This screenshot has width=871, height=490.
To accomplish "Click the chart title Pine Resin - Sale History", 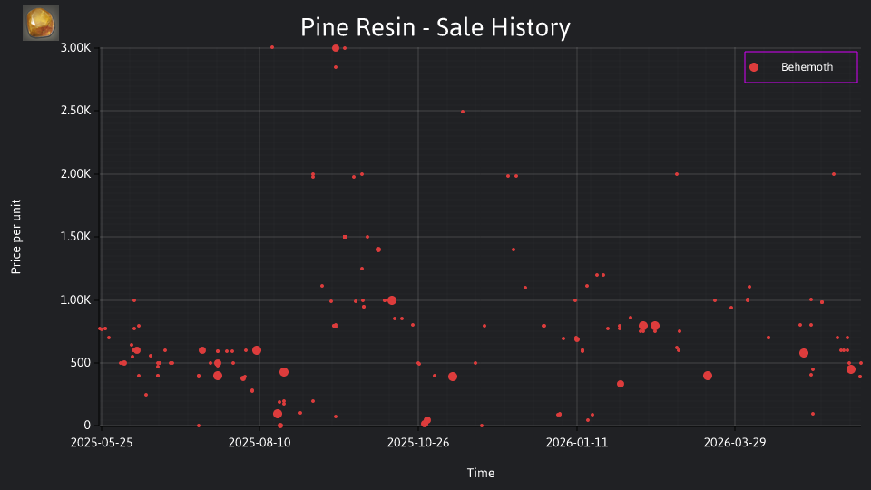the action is [x=435, y=27].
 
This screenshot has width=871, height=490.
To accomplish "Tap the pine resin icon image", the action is [x=41, y=23].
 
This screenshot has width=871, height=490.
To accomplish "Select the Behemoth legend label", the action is [x=807, y=67].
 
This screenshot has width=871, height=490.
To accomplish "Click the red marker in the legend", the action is [x=754, y=67].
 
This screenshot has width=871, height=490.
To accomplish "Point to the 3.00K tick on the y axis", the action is [x=75, y=48].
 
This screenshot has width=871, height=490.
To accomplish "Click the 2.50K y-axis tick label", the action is [x=75, y=111].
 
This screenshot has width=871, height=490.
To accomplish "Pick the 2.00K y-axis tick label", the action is [x=75, y=174].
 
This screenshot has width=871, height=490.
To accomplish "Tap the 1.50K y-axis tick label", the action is [x=75, y=237].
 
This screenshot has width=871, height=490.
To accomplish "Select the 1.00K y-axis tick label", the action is [x=75, y=300].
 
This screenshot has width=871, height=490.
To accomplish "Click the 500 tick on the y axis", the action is [x=81, y=363].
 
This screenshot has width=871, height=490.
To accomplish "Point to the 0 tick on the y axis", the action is [x=87, y=426].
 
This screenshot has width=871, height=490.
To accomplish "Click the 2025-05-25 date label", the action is [x=102, y=443].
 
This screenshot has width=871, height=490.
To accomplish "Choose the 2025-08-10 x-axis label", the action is [x=259, y=443].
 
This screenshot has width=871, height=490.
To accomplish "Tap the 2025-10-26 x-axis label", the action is [x=418, y=443].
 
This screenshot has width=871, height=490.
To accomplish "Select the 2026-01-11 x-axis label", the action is [x=577, y=443].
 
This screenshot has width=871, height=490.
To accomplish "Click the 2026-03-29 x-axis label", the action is [x=735, y=443].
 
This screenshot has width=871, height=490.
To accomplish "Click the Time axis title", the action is [x=481, y=473].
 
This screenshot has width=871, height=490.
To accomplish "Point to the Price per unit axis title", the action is [x=16, y=237].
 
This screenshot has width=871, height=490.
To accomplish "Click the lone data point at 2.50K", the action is [x=463, y=112].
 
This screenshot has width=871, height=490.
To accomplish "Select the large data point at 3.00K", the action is [x=336, y=48].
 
